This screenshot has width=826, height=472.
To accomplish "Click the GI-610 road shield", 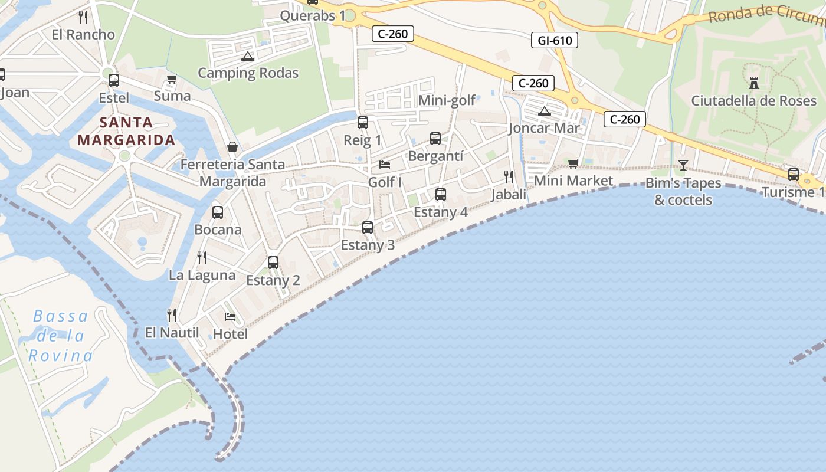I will pos(554,40).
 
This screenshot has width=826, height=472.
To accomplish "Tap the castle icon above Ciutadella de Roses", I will pos(753,83).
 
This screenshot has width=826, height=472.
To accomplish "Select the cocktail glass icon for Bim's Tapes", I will pos(683,165).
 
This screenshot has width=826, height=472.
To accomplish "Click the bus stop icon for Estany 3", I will pos(368,227).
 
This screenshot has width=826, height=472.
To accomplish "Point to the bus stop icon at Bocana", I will pos(218,212).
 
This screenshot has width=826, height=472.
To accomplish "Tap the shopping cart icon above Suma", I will pos(172,78).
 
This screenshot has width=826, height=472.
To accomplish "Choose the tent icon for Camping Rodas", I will pos(247,56).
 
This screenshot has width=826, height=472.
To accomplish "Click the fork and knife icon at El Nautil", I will pos(172,314).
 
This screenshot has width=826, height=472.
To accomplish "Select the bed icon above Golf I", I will pos(385,164).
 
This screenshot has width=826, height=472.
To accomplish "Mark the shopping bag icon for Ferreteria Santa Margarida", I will pos(232,146).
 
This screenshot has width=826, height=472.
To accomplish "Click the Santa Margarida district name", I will pos(126,131).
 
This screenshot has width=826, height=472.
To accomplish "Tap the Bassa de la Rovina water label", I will pos(61,336).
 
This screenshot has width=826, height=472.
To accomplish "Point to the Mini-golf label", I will pos(447,100).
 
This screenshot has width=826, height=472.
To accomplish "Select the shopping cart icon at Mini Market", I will pos(573,163).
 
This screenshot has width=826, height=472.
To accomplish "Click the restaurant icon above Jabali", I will pos(509,176).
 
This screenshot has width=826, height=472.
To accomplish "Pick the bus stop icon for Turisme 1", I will pos(794,175).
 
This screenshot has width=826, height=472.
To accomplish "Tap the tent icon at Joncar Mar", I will pos(544,111).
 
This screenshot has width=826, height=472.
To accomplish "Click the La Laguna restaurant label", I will pos(202,275).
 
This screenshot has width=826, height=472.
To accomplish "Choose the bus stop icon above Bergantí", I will pos(435,139).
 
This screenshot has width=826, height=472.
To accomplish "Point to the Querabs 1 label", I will pos(313,16).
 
